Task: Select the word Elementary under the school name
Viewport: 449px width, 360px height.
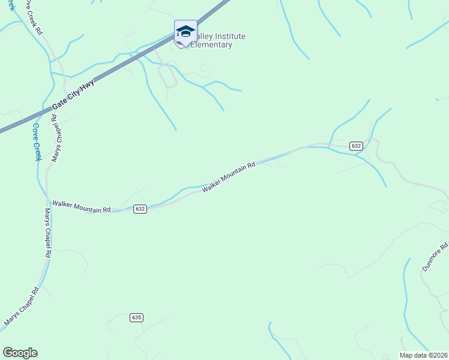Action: coord(212,45)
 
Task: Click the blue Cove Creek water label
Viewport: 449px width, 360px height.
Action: coord(36,142)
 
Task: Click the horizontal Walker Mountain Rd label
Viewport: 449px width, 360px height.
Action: coord(82,206)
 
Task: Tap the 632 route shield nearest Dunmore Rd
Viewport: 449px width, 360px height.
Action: coord(356,146)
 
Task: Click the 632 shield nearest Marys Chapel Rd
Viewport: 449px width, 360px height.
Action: coord(140,209)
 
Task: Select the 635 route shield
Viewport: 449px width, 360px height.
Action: coord(136,317)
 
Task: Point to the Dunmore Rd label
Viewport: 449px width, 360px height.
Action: coord(435,257)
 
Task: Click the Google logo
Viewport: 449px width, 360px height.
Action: coord(20,353)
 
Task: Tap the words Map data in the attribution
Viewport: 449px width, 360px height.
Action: coord(413,355)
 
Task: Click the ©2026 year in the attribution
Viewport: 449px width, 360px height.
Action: coord(437,355)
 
